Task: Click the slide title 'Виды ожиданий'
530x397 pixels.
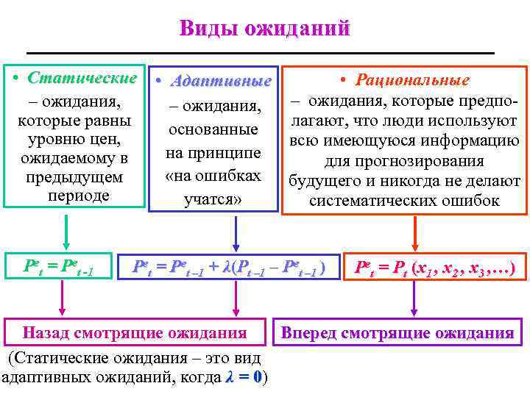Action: point(264,29)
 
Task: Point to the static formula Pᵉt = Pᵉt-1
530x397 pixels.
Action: point(58,268)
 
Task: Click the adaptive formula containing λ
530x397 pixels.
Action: point(227,268)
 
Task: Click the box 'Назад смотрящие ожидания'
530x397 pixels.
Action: point(135,332)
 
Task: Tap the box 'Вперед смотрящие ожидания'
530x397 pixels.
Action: point(397,332)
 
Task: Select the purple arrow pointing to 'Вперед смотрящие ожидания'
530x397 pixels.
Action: point(416,298)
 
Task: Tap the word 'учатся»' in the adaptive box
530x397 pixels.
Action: point(213,199)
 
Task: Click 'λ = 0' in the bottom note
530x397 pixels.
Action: point(246,378)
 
